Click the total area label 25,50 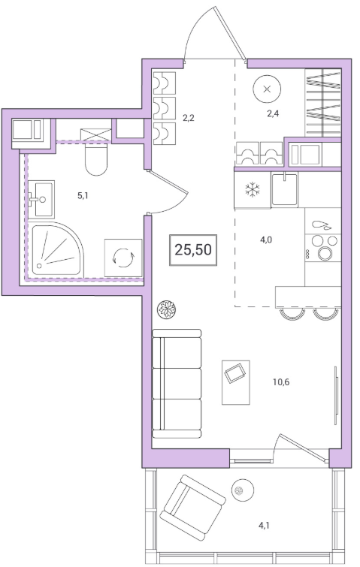click(x=193, y=249)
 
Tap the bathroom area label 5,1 click(x=83, y=195)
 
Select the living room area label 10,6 click(x=281, y=382)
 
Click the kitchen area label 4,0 click(x=266, y=240)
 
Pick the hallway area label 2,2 click(x=189, y=117)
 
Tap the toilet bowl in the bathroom click(x=96, y=158)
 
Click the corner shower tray click(x=57, y=249)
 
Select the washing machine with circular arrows click(x=123, y=258)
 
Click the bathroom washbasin click(x=41, y=199)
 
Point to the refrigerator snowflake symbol click(x=253, y=190)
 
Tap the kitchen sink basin click(x=284, y=189)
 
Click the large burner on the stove click(x=325, y=253)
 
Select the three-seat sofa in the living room click(x=177, y=384)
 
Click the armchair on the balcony click(x=193, y=508)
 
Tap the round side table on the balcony click(x=243, y=490)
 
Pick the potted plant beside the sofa click(x=166, y=309)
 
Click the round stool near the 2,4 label click(x=267, y=89)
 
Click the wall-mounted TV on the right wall click(x=336, y=395)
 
